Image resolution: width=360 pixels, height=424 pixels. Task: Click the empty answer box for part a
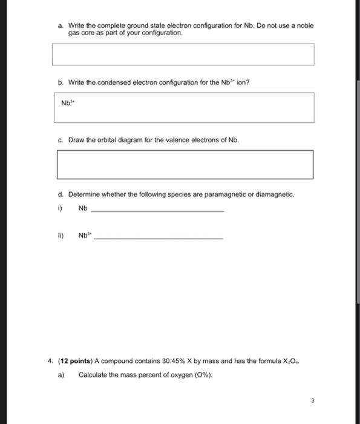[x=183, y=54]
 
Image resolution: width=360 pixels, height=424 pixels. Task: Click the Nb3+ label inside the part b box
[x=67, y=102]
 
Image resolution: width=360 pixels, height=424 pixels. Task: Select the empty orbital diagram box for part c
[x=185, y=165]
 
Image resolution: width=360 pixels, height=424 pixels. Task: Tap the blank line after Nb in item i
[x=156, y=210]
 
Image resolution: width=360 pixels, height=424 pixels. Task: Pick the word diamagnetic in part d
[x=274, y=195]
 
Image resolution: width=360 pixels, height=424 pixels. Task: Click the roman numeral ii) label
[x=60, y=236]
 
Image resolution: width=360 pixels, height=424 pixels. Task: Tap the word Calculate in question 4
[x=93, y=374]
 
